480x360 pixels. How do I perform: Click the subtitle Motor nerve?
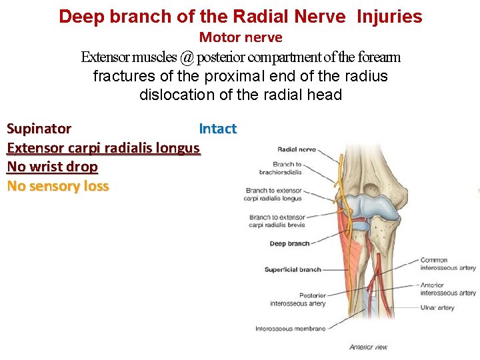coord(241,37)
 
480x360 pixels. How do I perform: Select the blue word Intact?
coord(217,129)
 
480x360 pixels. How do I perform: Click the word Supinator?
coord(39,129)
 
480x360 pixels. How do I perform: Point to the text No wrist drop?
coord(52,167)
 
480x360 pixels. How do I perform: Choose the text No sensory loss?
coord(57,186)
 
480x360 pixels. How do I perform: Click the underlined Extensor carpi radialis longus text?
coord(103,148)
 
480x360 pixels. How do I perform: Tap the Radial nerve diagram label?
coord(296,149)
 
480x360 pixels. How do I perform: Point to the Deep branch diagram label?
coord(289,244)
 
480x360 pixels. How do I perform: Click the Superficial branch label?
coord(293,270)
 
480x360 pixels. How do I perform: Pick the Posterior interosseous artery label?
coord(298,299)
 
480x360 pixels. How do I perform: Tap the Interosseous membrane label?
coord(290,329)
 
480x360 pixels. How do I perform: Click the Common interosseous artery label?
coord(448,264)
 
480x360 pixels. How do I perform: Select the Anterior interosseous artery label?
coord(448,289)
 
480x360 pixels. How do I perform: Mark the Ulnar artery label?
coord(437,308)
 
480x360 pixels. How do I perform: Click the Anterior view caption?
coord(368,347)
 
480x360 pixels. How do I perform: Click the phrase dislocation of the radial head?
coord(240,95)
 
